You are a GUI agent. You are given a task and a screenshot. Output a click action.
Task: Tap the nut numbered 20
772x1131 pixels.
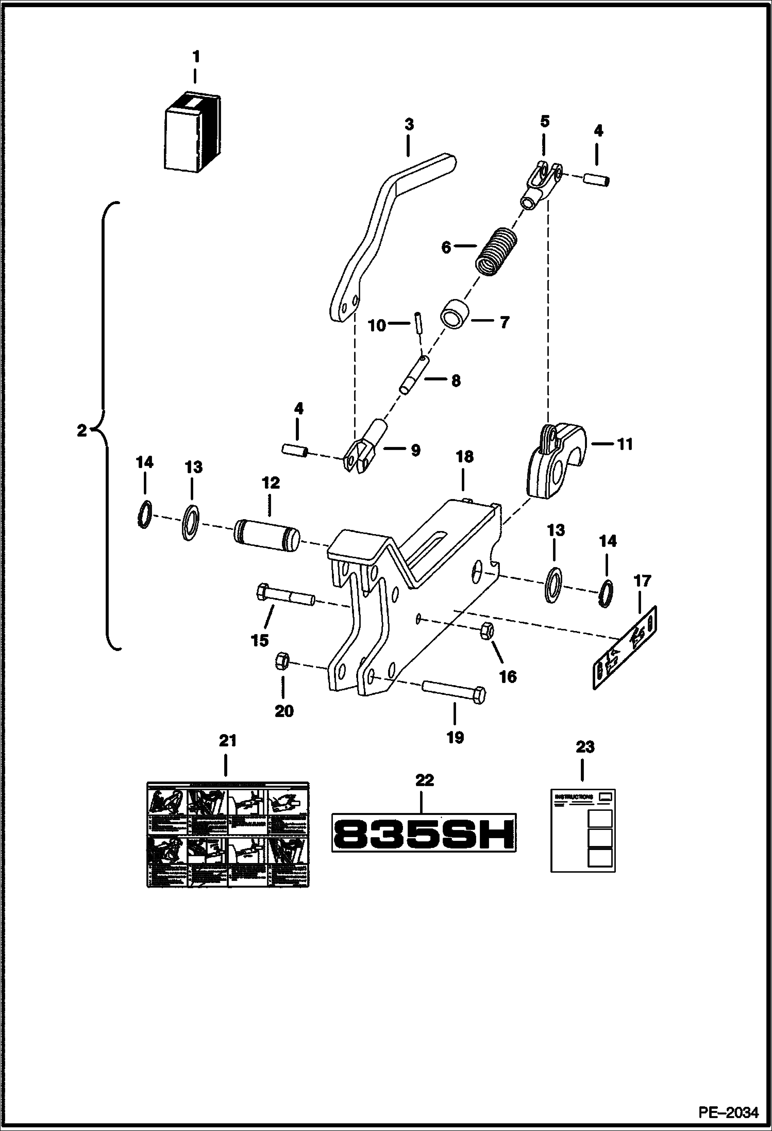coord(282,661)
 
